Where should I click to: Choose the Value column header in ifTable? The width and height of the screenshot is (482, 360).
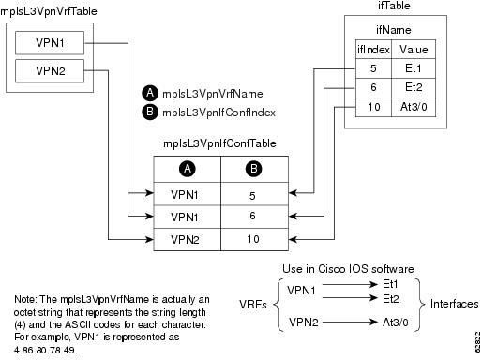point(414,48)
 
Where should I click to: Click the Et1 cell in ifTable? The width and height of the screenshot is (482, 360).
point(414,67)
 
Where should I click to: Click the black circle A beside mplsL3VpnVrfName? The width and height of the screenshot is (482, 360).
point(149,94)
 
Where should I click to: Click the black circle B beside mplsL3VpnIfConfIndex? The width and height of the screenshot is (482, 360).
point(149,112)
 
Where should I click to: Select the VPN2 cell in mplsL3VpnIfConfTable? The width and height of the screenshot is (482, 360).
point(186,239)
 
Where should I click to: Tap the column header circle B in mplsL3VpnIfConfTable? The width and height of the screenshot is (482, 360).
point(251,170)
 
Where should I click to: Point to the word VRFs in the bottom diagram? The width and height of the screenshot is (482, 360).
point(249,306)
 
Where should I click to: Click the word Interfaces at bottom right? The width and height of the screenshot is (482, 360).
point(454,305)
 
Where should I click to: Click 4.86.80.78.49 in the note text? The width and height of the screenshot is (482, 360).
point(46,345)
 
